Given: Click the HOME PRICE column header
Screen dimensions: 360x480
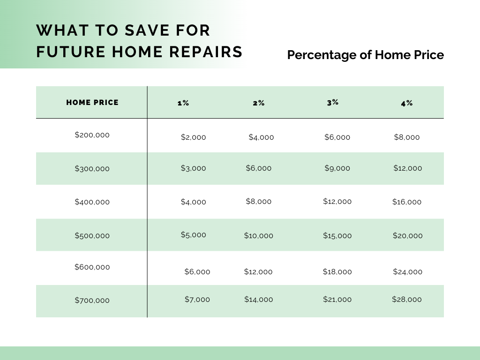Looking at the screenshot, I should click(x=92, y=102).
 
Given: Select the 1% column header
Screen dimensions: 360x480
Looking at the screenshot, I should click(x=183, y=103).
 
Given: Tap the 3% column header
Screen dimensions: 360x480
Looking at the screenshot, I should click(x=333, y=102).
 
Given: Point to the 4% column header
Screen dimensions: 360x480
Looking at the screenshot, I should click(x=407, y=103).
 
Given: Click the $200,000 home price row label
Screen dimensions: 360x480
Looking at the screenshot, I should click(x=92, y=135).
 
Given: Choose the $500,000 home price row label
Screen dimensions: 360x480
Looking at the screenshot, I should click(x=92, y=235).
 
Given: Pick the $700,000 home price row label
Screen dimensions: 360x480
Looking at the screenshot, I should click(x=92, y=300).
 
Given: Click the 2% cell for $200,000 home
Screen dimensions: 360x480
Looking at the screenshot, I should click(x=261, y=137).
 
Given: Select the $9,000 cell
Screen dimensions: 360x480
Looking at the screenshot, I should click(x=337, y=168).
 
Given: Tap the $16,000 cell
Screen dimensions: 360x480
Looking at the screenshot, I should click(x=407, y=202).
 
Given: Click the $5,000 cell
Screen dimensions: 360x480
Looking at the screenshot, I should click(x=193, y=235).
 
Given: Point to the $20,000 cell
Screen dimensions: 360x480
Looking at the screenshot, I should click(x=407, y=236).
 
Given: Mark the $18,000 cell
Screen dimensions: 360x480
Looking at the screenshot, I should click(x=337, y=272).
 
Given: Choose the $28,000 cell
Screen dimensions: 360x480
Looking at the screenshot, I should click(x=407, y=300).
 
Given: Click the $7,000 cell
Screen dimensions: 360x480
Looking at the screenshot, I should click(x=197, y=300).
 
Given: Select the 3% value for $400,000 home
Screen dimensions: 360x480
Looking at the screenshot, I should click(x=337, y=202).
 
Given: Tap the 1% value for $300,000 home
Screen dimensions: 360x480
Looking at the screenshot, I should click(x=193, y=168).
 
